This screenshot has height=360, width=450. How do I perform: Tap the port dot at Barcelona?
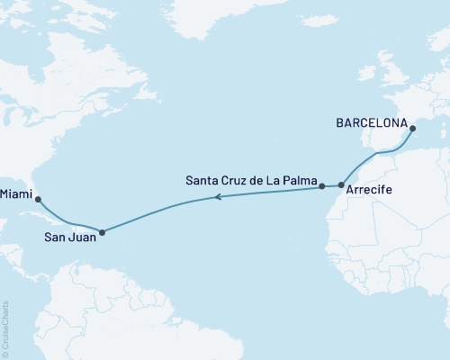point(413,130)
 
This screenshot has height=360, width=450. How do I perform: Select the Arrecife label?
point(366,203)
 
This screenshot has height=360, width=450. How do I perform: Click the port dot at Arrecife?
point(341,185)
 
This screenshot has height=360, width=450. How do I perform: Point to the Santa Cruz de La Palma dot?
point(321,186)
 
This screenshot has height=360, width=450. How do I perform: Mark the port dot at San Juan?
point(102,232)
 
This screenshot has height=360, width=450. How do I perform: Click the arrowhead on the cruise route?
point(217,197)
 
